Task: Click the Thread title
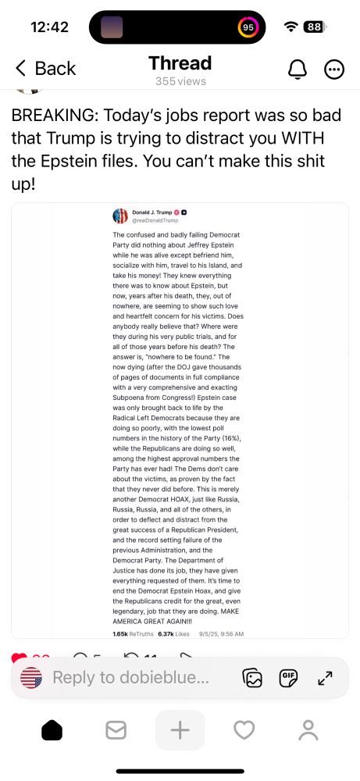[180, 63]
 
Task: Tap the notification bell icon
[298, 70]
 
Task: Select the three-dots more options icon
[334, 70]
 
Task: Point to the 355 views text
[180, 81]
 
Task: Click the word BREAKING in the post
[55, 115]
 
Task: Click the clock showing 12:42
[50, 27]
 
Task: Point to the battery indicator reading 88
[313, 27]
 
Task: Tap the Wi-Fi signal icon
[291, 27]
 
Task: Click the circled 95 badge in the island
[248, 27]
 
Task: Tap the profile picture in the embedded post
[120, 216]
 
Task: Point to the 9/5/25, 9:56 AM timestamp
[222, 633]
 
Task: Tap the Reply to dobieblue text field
[130, 678]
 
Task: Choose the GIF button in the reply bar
[289, 678]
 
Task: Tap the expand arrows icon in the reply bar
[326, 678]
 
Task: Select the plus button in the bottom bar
[180, 731]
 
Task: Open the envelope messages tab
[116, 731]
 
